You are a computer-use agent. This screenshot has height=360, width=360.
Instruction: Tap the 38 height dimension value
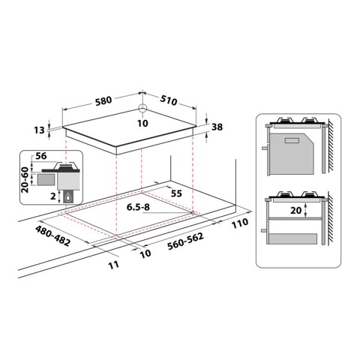[x=218, y=127]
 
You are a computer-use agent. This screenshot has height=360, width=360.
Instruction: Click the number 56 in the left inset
[x=42, y=157]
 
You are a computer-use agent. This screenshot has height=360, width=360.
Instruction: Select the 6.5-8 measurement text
[x=140, y=207]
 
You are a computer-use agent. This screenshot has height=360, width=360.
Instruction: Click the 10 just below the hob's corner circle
[x=143, y=123]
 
